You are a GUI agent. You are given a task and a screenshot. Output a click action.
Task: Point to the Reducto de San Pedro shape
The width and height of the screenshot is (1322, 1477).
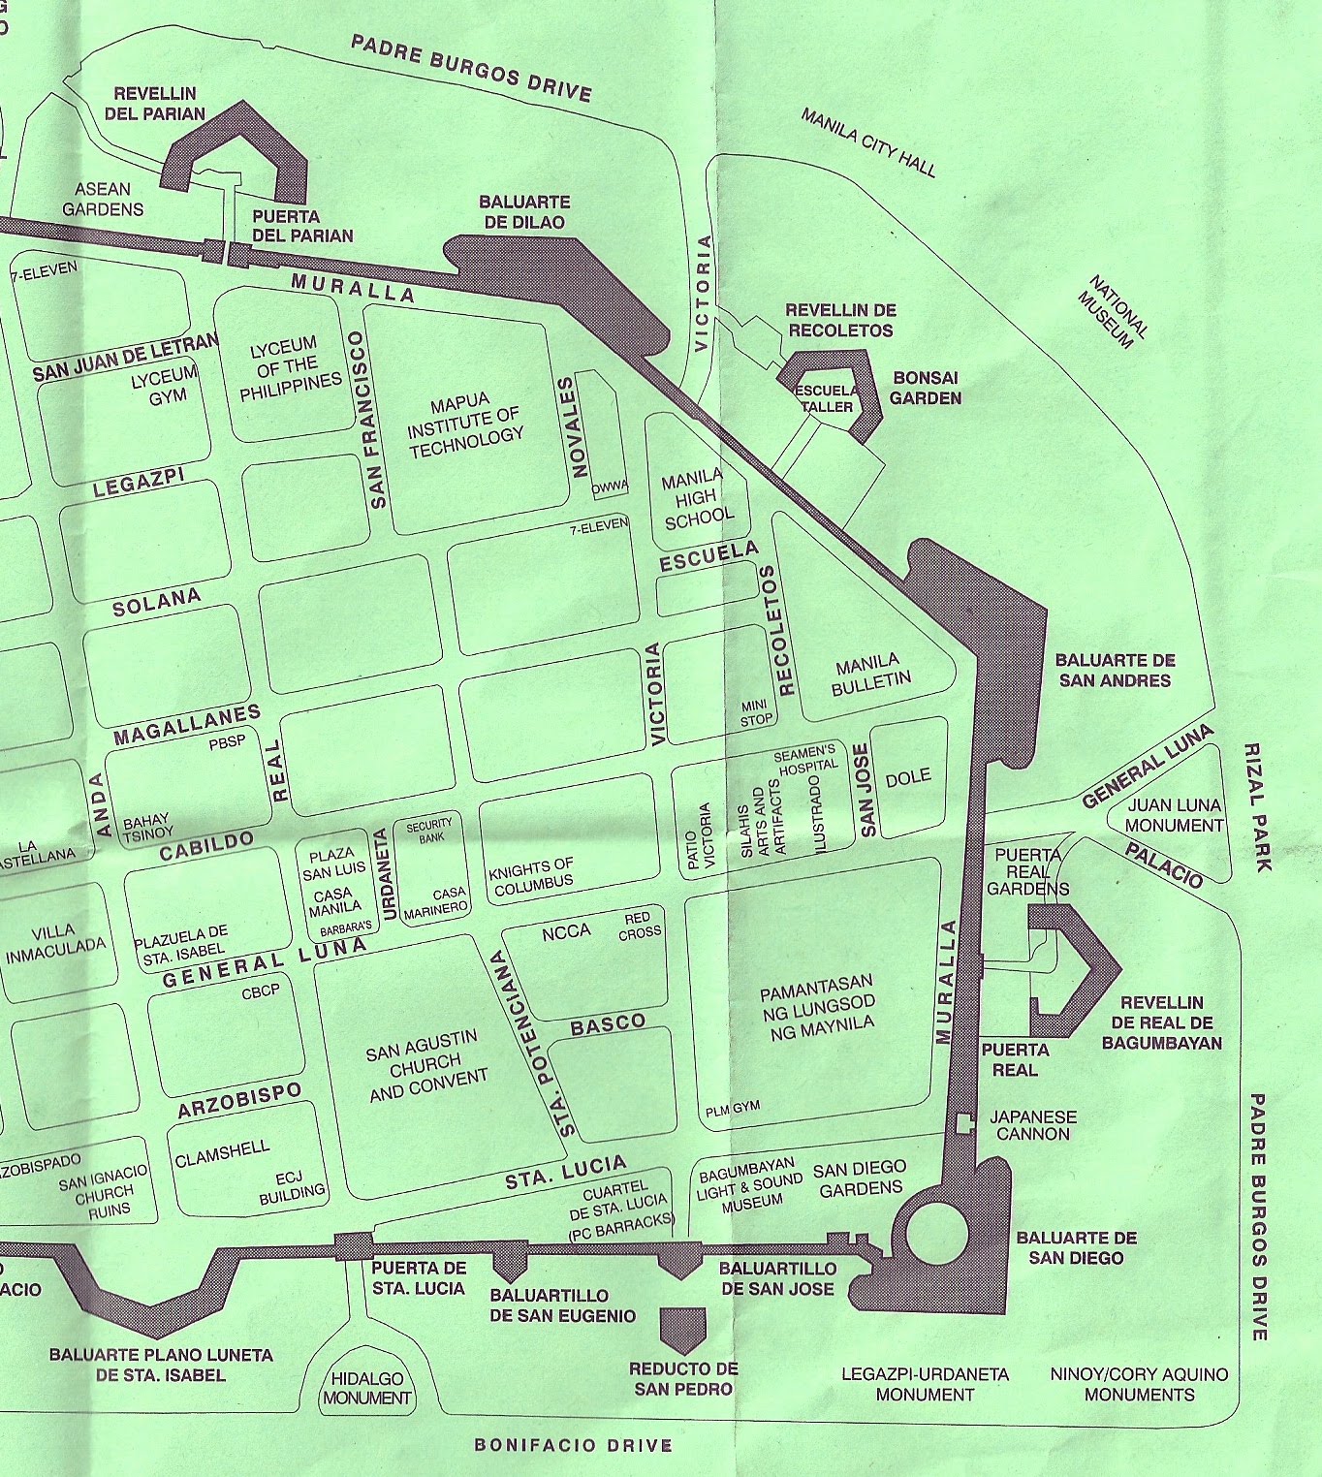point(683,1327)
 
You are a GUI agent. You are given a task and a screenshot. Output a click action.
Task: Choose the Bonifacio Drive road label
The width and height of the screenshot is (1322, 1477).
point(573,1446)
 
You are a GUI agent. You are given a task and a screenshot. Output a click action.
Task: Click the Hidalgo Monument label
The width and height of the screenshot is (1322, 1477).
point(367,1389)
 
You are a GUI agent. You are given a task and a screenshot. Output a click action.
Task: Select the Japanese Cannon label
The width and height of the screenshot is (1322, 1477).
point(1032,1125)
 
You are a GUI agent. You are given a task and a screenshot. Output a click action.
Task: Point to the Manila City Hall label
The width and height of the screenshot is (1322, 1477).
point(868,142)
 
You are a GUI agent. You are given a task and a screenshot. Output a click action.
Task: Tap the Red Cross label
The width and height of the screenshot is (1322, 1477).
point(642,925)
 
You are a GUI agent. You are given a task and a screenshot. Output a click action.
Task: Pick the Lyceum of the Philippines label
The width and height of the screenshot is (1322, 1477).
point(285,367)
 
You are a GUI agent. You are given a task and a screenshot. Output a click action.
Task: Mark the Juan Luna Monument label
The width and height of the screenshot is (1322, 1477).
point(1174,815)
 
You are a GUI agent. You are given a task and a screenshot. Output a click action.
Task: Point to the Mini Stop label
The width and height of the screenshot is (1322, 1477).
point(756,712)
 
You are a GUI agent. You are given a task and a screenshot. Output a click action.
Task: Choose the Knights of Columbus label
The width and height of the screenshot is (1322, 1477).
point(531,876)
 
